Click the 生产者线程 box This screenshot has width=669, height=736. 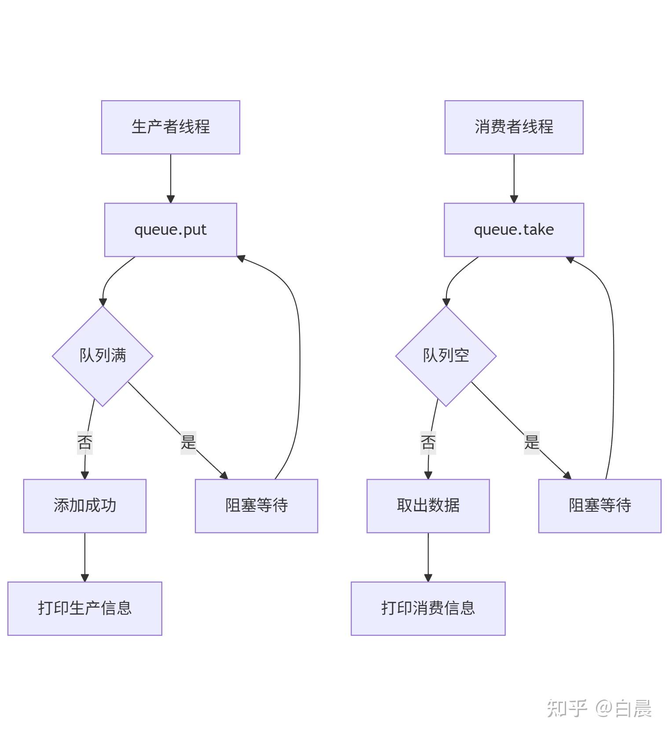pyautogui.click(x=171, y=127)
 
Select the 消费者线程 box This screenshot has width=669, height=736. pyautogui.click(x=514, y=127)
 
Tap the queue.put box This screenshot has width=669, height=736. pyautogui.click(x=171, y=230)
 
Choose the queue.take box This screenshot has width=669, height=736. pyautogui.click(x=514, y=230)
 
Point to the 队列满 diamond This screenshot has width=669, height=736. pyautogui.click(x=102, y=356)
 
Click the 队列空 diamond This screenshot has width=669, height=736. pyautogui.click(x=446, y=356)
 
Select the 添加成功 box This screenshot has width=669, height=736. pyautogui.click(x=85, y=506)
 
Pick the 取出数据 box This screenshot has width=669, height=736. pyautogui.click(x=428, y=506)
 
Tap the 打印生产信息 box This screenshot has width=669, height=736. pyautogui.click(x=85, y=608)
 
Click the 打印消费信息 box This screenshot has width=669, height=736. pyautogui.click(x=428, y=608)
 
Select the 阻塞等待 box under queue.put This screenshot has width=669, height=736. pyautogui.click(x=256, y=506)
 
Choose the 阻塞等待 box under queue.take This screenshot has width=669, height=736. pyautogui.click(x=600, y=506)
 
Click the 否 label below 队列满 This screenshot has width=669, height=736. pyautogui.click(x=85, y=442)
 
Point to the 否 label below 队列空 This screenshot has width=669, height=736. pyautogui.click(x=428, y=442)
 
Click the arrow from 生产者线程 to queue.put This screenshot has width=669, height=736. pyautogui.click(x=171, y=178)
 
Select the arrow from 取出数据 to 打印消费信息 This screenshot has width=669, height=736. pyautogui.click(x=428, y=557)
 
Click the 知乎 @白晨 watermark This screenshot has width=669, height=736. pyautogui.click(x=599, y=708)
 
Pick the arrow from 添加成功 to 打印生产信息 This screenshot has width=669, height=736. pyautogui.click(x=85, y=557)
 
